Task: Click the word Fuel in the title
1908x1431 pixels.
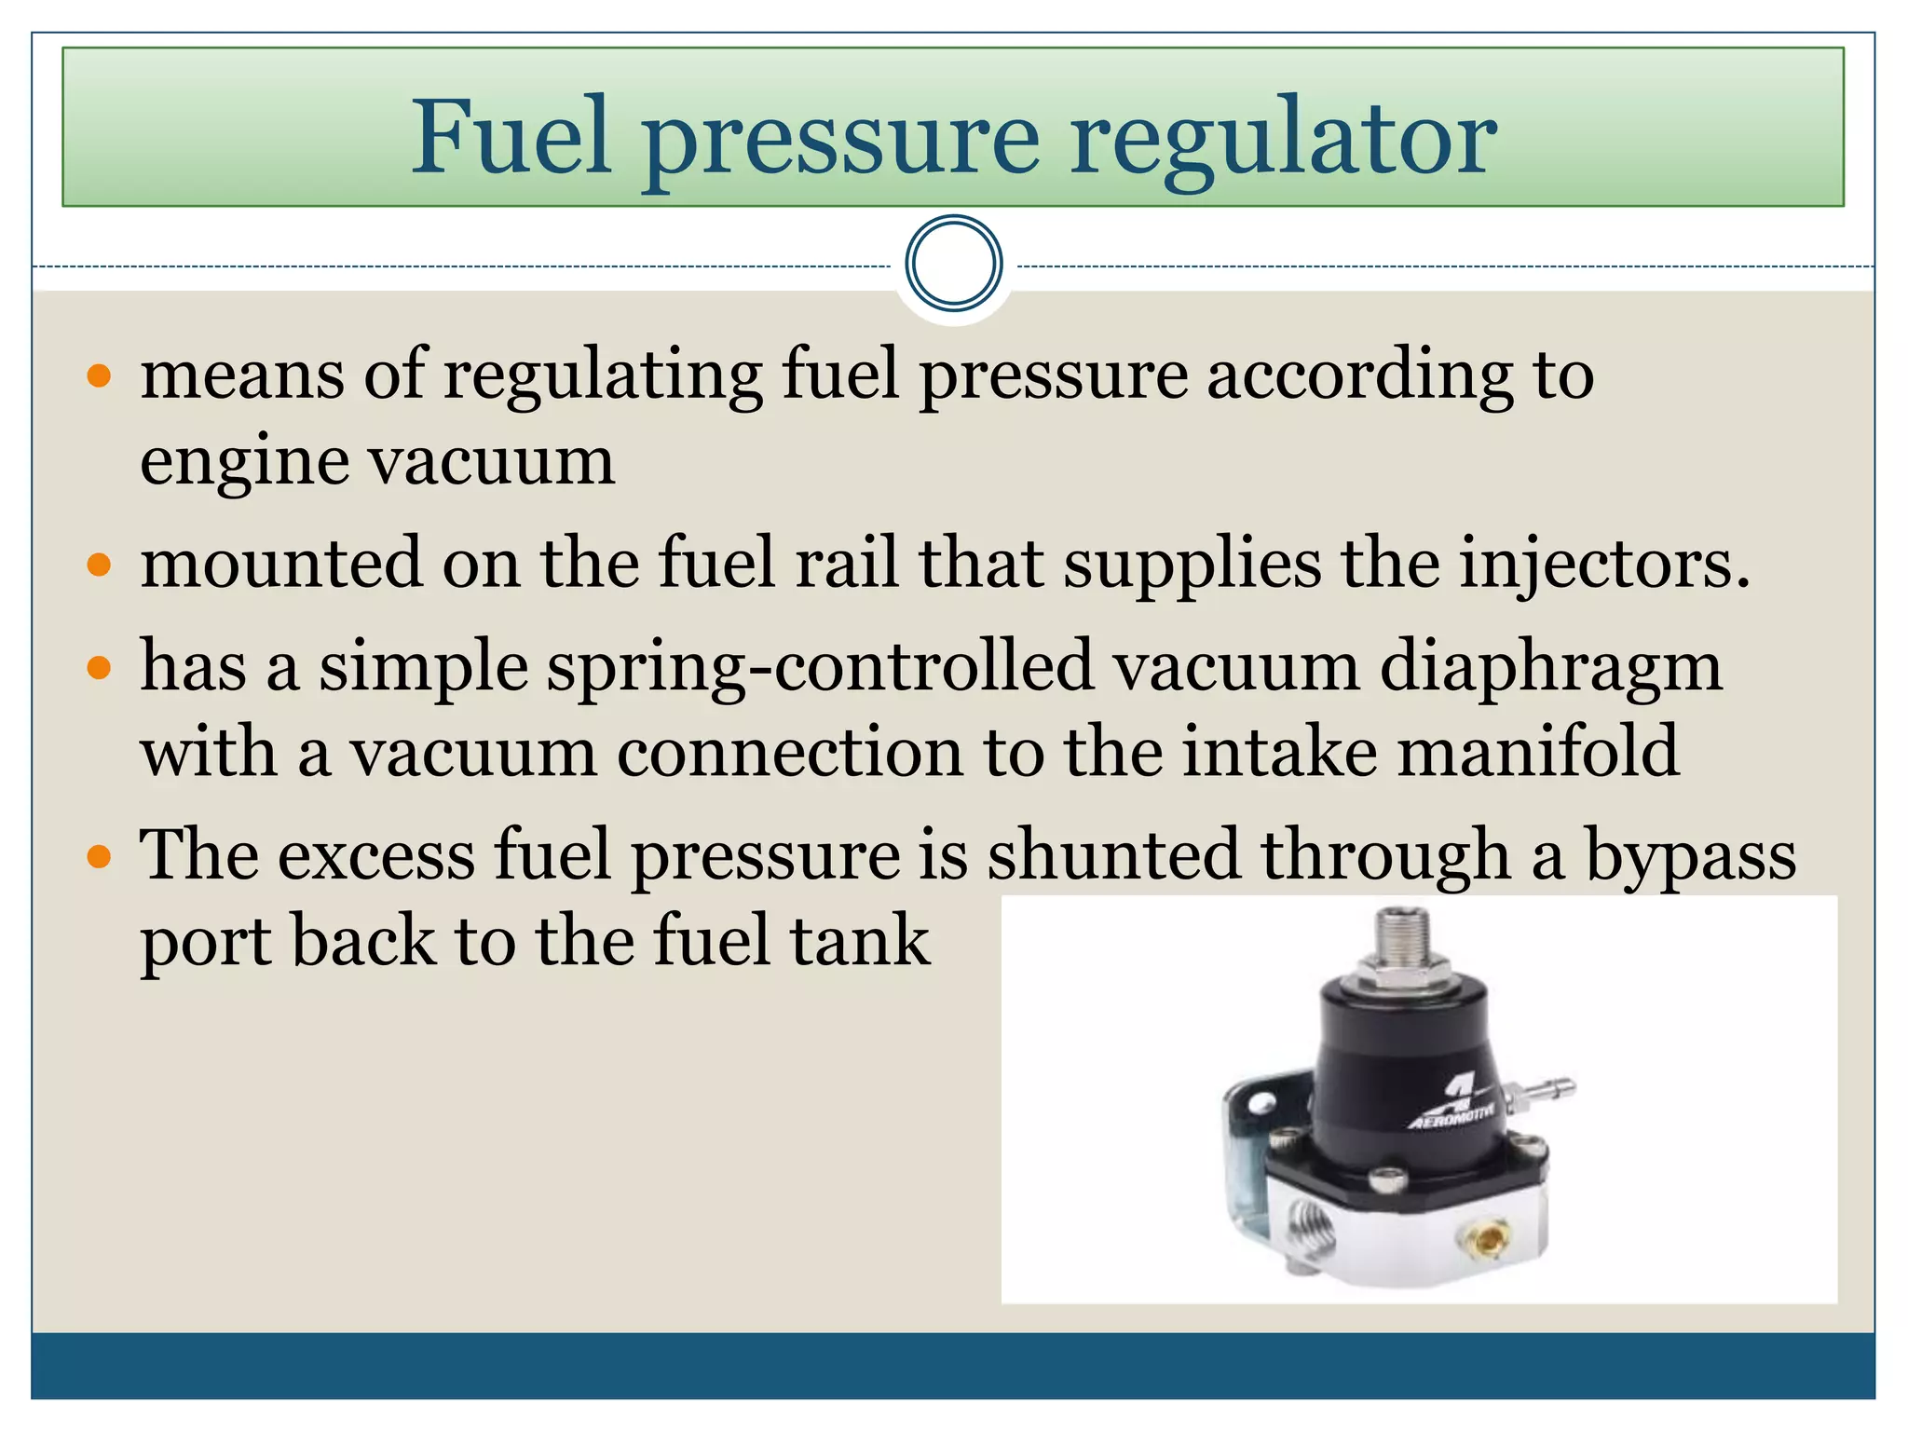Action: click(x=511, y=137)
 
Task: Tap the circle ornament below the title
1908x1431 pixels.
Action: click(x=953, y=264)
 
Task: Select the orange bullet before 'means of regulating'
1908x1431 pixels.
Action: click(x=99, y=376)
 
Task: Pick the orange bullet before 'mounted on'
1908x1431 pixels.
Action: click(x=99, y=566)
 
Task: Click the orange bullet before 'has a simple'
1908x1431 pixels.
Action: click(x=99, y=668)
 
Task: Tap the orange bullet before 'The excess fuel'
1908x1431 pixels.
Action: click(x=99, y=856)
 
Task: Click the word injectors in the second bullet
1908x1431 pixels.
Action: click(x=1603, y=566)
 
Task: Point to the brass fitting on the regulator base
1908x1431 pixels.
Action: click(x=1488, y=1240)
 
